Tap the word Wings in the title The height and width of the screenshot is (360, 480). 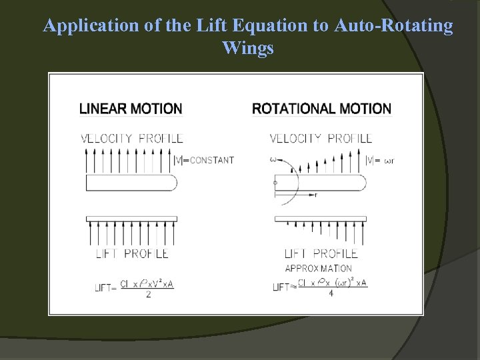pos(248,48)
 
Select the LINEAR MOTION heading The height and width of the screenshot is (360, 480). pos(131,108)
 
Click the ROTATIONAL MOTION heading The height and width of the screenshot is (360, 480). pos(321,108)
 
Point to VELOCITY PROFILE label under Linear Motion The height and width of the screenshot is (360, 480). pos(131,139)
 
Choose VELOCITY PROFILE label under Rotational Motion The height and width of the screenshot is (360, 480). pos(321,139)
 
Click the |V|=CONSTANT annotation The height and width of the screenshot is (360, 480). pos(203,160)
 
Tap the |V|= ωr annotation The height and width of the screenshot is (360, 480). pos(384,160)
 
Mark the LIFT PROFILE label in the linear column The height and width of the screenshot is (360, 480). pos(132,253)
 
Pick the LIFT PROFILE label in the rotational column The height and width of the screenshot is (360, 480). pos(321,253)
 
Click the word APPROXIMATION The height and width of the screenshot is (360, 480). pos(318,268)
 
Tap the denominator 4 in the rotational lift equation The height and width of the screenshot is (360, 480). pos(331,293)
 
